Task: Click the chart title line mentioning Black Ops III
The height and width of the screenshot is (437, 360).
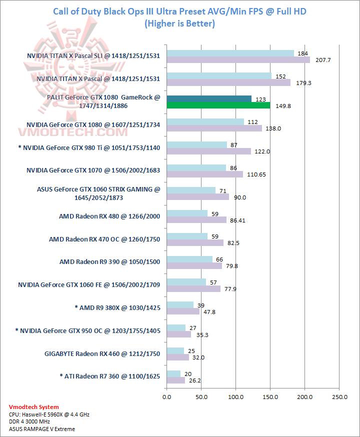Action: coord(179,11)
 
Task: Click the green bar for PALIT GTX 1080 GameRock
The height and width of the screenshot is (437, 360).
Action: coord(218,105)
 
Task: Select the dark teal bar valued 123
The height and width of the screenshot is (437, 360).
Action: coord(208,99)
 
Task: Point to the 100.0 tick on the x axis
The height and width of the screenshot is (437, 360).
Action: coord(235,397)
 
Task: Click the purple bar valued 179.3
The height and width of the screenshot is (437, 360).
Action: coord(228,82)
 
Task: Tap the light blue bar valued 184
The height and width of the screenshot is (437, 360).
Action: coord(230,53)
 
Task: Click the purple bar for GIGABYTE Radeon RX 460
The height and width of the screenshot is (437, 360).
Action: coord(177,357)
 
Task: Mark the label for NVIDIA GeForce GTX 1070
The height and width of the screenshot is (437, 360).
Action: coord(93,170)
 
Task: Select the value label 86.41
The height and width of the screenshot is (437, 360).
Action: coord(237,220)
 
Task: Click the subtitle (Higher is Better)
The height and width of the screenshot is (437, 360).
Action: coord(179,23)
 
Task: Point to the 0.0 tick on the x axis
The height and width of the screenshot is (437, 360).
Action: coord(166,397)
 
